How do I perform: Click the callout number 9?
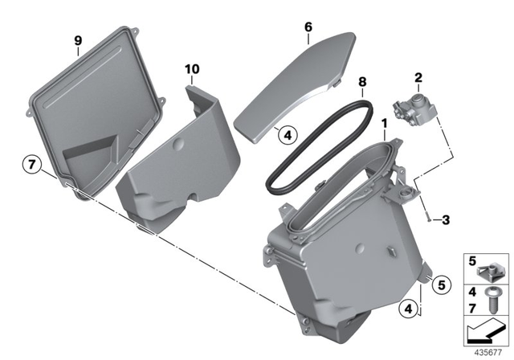click(78, 39)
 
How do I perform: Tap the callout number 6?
click(308, 27)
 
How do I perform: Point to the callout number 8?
click(362, 81)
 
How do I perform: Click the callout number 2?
click(418, 78)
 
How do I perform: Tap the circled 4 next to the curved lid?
click(287, 136)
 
